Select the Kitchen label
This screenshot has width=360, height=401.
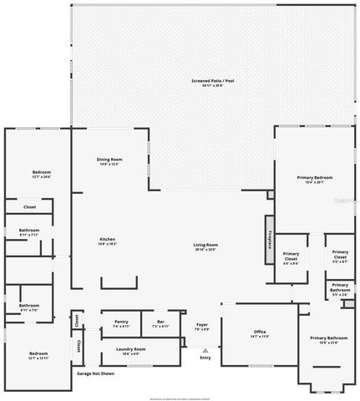108,239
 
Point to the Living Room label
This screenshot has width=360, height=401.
205,244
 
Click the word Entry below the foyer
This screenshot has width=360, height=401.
205,358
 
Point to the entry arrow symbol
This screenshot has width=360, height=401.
205,350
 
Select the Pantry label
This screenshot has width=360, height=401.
120,321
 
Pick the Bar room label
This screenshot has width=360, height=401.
160,321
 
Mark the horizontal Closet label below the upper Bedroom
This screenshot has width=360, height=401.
29,206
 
